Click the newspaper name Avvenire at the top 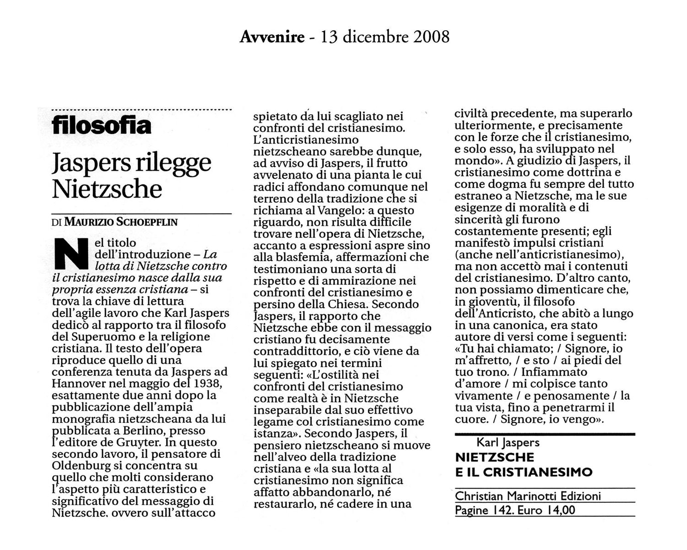pos(272,36)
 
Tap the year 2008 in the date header pos(431,36)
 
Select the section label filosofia pos(101,125)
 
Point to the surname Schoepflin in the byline pos(147,222)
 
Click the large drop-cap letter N pos(71,253)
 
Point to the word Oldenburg pos(81,466)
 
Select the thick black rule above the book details pos(545,434)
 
